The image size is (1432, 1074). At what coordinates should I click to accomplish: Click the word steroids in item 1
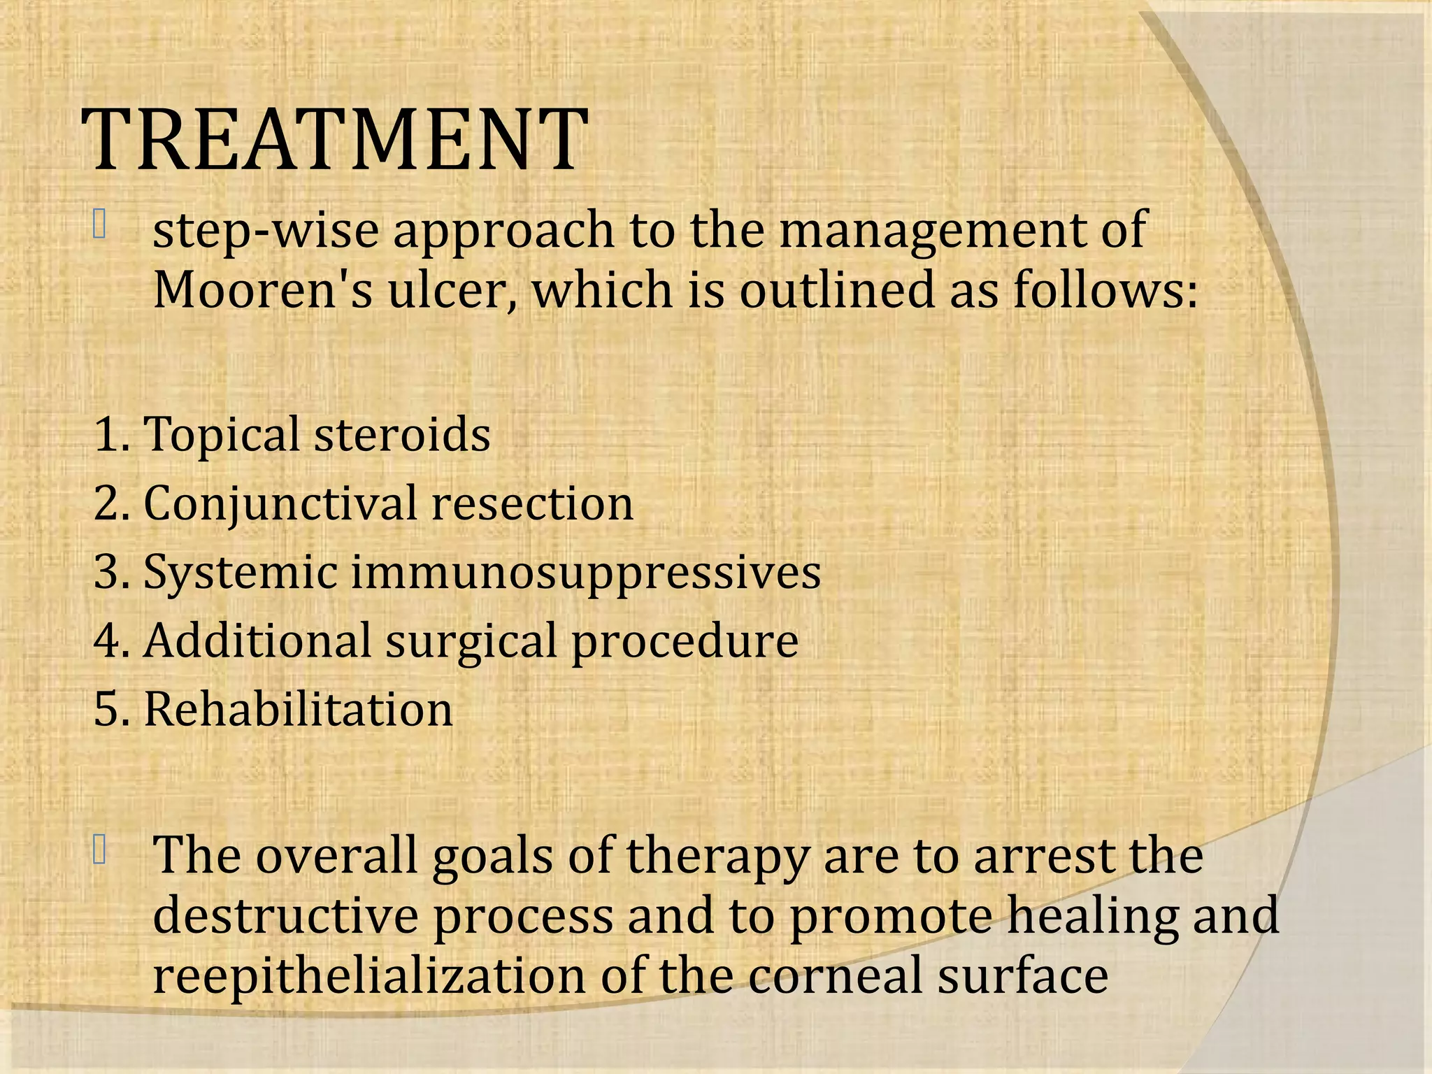click(402, 434)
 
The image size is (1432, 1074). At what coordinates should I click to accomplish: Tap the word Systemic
click(241, 572)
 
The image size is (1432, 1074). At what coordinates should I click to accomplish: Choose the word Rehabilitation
click(299, 709)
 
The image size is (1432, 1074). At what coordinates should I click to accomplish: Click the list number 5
click(108, 709)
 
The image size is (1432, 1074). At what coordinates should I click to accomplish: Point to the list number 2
click(108, 503)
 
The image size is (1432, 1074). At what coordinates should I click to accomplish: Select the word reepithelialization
click(368, 976)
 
